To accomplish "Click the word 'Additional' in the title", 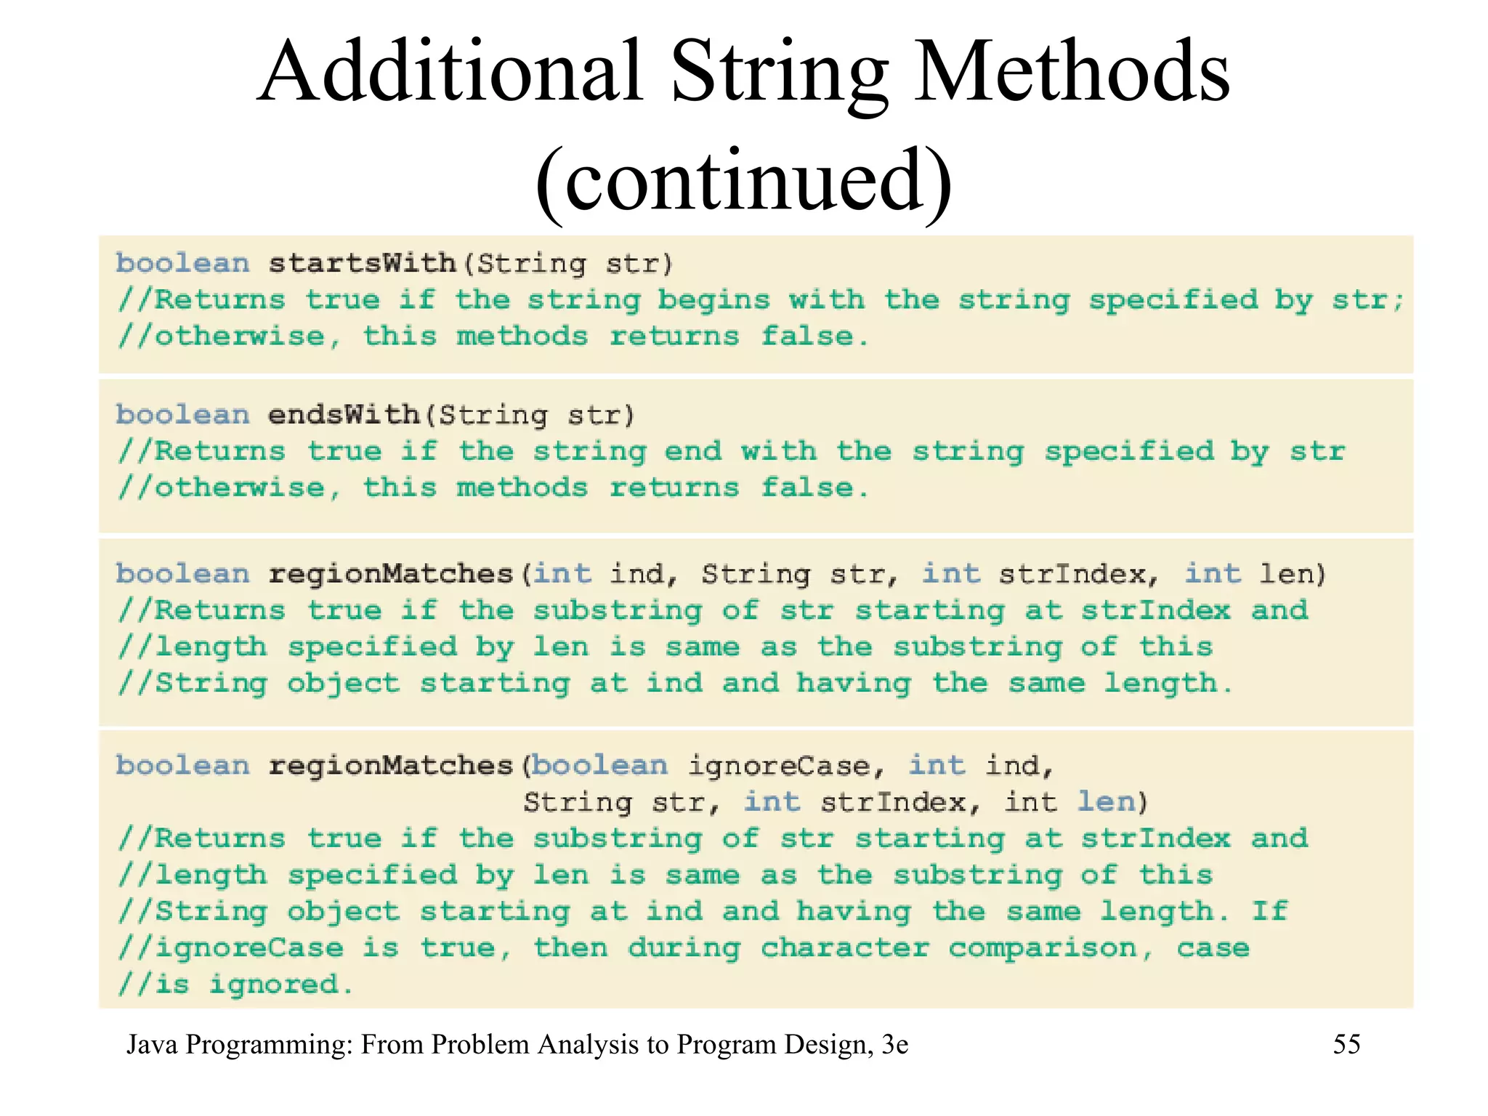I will click(x=450, y=73).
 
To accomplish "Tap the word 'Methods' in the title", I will click(x=1072, y=73).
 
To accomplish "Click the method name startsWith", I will click(x=362, y=263).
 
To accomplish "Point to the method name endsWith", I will click(x=343, y=415).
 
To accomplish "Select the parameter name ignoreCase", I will click(x=778, y=766).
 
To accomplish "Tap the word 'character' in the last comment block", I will click(x=845, y=948).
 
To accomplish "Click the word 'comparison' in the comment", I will click(x=1043, y=948).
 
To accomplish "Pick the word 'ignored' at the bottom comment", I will click(x=274, y=985).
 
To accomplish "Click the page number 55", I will click(x=1346, y=1045).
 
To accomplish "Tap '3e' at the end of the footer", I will click(x=894, y=1045).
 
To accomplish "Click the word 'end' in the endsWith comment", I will click(x=693, y=452).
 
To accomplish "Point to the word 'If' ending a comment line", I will click(x=1269, y=911).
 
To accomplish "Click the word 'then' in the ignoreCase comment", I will click(x=571, y=948).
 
